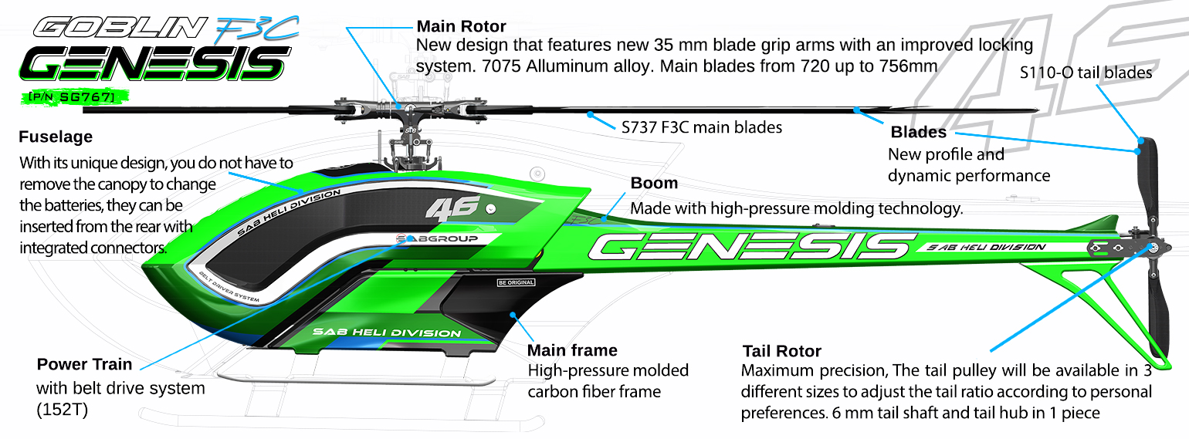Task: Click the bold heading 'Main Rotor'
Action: [x=461, y=27]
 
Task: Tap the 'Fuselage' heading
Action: [x=55, y=137]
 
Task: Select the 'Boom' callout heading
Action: [x=654, y=184]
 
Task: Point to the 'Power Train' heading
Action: [x=85, y=364]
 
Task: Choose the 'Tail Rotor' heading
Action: [x=781, y=351]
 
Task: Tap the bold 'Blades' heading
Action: [x=918, y=132]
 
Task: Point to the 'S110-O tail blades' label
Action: [x=1086, y=73]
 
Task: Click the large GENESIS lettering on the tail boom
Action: [x=747, y=246]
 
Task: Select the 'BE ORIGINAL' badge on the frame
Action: [x=517, y=282]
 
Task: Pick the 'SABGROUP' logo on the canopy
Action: [x=435, y=239]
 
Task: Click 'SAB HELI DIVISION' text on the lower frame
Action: [x=386, y=333]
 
